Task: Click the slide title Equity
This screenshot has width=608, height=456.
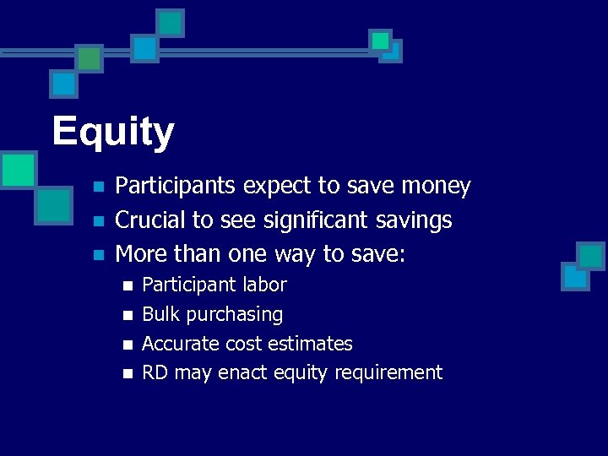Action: click(113, 132)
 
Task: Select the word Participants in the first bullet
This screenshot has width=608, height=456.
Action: click(175, 186)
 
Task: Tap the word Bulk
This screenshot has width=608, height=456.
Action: click(160, 314)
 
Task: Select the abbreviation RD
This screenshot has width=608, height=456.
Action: click(155, 372)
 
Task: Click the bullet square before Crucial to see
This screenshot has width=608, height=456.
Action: click(98, 221)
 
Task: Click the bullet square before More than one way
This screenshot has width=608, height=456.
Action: click(98, 254)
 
